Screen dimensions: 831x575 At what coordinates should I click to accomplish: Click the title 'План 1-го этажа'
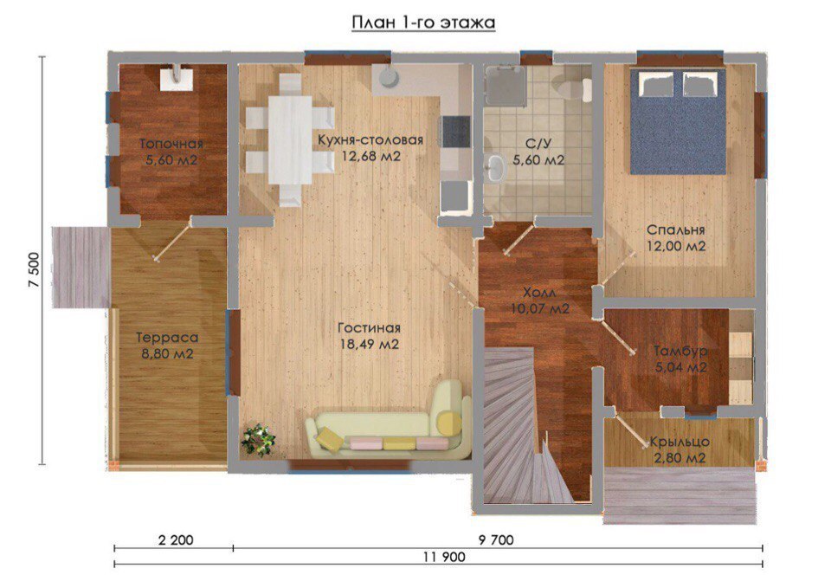(x=423, y=23)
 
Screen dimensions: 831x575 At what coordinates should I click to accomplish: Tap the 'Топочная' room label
(x=171, y=144)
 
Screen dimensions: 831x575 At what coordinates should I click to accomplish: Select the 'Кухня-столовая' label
(x=370, y=140)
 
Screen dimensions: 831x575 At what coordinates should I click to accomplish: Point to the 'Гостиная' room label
(x=370, y=328)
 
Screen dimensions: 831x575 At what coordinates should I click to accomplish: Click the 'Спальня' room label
(x=676, y=230)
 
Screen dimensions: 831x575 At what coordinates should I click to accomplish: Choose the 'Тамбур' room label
(x=680, y=352)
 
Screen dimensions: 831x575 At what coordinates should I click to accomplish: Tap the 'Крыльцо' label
(x=680, y=442)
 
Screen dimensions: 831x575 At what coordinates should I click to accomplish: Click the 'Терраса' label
(x=167, y=338)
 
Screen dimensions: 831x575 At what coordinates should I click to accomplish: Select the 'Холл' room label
(x=539, y=293)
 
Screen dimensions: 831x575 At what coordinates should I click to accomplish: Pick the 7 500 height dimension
(x=34, y=269)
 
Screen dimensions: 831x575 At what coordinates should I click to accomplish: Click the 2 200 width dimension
(x=176, y=540)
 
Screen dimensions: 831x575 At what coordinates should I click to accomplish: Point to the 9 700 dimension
(x=496, y=540)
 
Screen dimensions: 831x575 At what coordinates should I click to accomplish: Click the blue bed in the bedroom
(x=678, y=122)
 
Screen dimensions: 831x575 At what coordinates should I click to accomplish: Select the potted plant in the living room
(x=259, y=439)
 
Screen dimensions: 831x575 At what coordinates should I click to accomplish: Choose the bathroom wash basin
(x=494, y=167)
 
